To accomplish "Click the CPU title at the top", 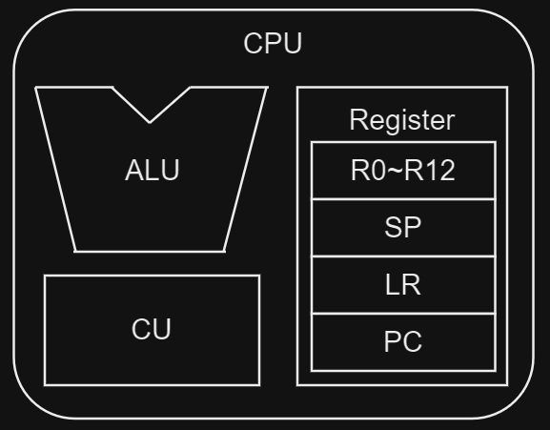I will [273, 45].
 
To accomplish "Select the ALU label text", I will [152, 172].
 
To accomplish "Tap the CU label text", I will [152, 330].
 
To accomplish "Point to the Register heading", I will [401, 121].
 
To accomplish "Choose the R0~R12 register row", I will [402, 172].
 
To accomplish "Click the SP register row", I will [402, 229].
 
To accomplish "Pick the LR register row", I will [402, 285].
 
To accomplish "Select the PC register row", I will [402, 341].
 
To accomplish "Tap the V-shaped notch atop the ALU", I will [151, 120].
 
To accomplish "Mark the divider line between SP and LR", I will [402, 256].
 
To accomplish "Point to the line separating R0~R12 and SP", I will [402, 199].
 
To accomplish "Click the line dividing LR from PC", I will [402, 314].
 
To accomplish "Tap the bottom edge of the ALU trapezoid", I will [151, 252].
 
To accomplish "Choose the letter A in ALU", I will [133, 172].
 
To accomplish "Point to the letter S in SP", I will [394, 229].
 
